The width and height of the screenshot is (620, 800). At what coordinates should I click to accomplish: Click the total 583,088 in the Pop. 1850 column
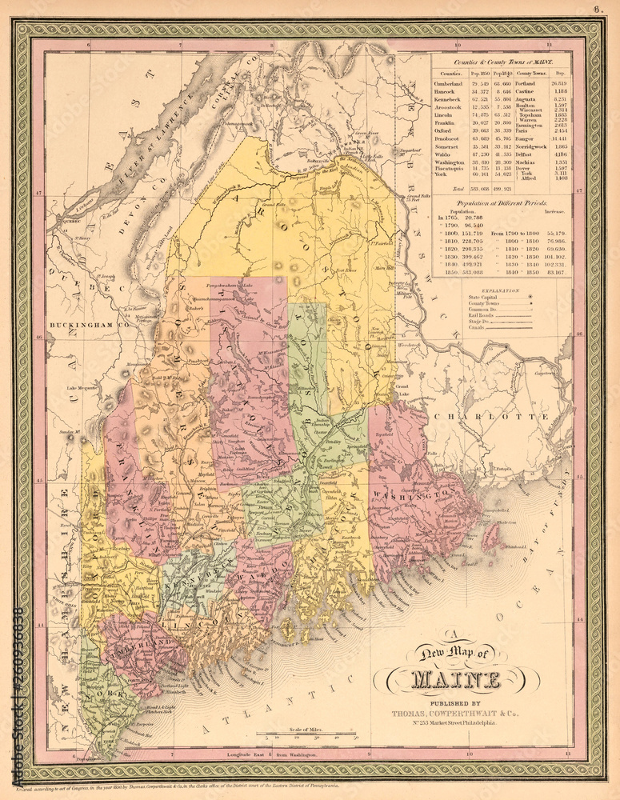click(481, 188)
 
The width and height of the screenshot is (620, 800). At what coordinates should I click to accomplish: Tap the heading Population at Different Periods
click(501, 205)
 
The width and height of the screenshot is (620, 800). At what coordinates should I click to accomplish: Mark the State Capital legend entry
click(482, 298)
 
